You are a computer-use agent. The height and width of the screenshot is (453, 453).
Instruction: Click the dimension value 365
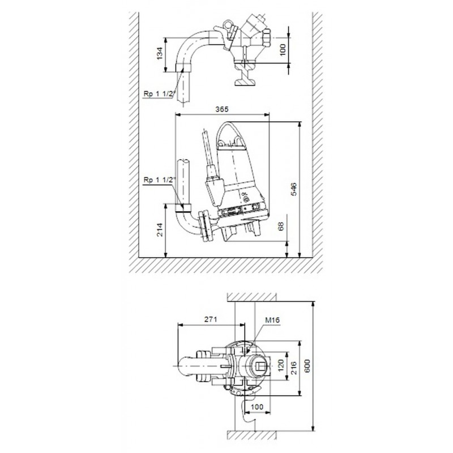tap(222, 109)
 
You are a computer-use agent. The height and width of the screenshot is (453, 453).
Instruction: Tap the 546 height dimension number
tap(293, 189)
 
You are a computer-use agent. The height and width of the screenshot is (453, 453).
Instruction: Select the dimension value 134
tap(160, 54)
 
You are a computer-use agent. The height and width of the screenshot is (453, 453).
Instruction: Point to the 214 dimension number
tap(160, 230)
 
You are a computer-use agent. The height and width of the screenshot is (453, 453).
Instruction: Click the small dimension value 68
tap(280, 226)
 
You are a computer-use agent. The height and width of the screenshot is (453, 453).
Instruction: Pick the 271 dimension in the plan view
tap(211, 319)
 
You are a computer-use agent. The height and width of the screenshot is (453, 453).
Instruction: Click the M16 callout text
tap(272, 320)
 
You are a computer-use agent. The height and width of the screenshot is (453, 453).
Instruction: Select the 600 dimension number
tap(307, 366)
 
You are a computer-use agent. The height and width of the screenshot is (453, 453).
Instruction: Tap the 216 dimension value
tap(294, 367)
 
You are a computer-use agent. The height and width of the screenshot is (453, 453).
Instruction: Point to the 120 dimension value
tap(280, 366)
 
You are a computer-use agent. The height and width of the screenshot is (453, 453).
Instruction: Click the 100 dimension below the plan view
tap(257, 407)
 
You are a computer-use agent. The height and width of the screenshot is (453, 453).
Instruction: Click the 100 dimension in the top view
tap(283, 50)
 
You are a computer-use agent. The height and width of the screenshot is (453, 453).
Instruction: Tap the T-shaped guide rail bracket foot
tap(245, 76)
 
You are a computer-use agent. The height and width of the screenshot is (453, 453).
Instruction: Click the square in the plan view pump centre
tap(259, 366)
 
